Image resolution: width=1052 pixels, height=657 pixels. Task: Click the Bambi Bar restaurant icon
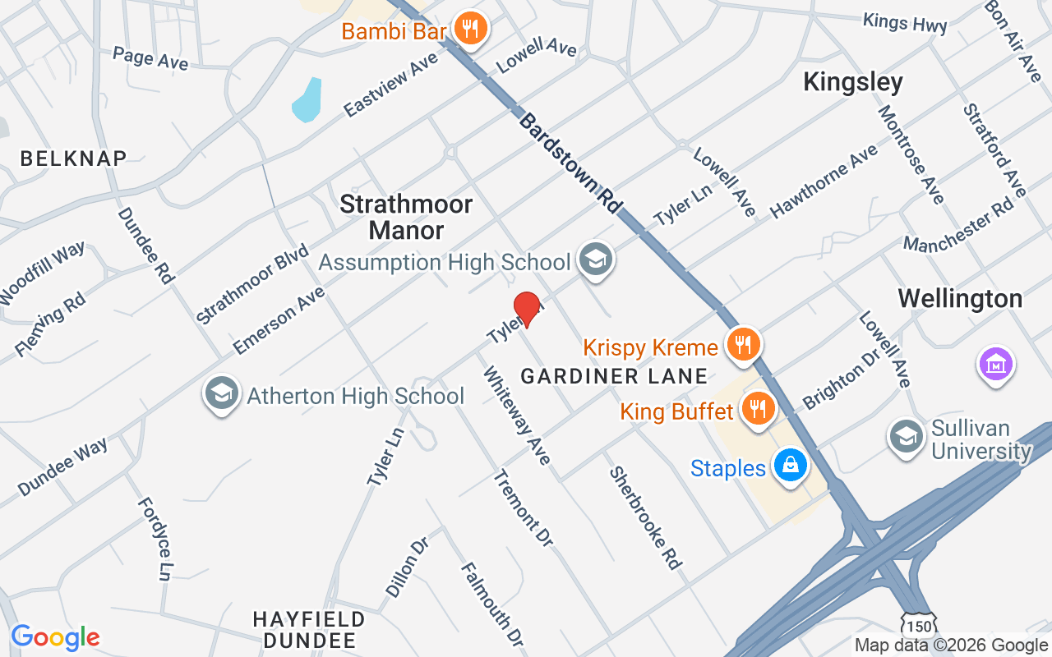pyautogui.click(x=470, y=30)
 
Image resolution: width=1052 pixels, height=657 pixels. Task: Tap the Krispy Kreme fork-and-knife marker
pyautogui.click(x=743, y=345)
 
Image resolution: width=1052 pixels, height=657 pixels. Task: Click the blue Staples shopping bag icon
pyautogui.click(x=791, y=466)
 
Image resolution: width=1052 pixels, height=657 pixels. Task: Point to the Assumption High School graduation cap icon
pyautogui.click(x=595, y=260)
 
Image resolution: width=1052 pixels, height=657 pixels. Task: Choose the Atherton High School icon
pyautogui.click(x=221, y=394)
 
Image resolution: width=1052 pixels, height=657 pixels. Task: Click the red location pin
pyautogui.click(x=526, y=307)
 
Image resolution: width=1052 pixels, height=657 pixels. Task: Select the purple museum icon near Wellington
pyautogui.click(x=995, y=363)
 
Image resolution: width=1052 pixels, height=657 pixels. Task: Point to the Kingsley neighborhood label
pyautogui.click(x=852, y=82)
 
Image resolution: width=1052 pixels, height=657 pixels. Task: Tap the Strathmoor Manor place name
pyautogui.click(x=406, y=216)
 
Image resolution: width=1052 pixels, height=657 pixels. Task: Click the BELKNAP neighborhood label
pyautogui.click(x=73, y=159)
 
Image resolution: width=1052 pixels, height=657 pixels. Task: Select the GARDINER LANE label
pyautogui.click(x=614, y=376)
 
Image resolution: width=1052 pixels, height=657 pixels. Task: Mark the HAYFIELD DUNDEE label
pyautogui.click(x=308, y=629)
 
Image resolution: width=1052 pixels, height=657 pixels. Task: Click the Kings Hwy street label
pyautogui.click(x=904, y=22)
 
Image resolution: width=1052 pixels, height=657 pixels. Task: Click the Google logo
pyautogui.click(x=55, y=637)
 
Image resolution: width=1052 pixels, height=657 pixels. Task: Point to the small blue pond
pyautogui.click(x=307, y=100)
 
